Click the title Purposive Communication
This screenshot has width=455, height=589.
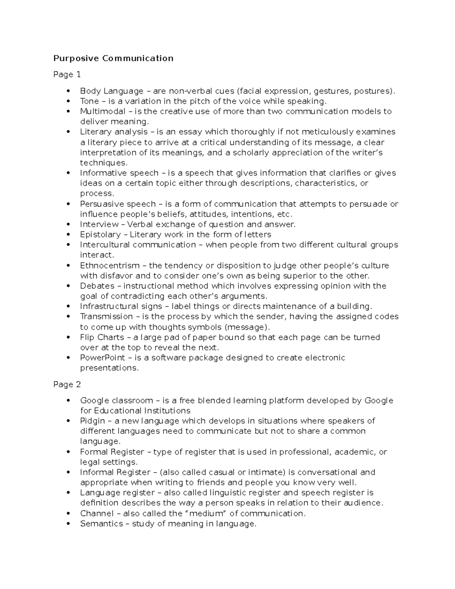113,58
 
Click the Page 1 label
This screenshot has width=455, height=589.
67,74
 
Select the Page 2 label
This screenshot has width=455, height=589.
67,384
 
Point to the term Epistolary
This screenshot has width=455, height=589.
100,234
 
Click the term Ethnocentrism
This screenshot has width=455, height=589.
110,265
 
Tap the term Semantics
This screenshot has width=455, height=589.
101,524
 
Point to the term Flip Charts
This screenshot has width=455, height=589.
102,337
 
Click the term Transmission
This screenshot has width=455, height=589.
106,316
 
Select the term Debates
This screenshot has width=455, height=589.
97,286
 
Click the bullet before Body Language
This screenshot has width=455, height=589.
68,91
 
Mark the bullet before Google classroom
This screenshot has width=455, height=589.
68,401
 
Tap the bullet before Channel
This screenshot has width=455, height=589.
68,514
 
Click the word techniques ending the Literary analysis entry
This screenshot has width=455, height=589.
103,163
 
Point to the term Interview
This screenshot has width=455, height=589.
99,224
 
